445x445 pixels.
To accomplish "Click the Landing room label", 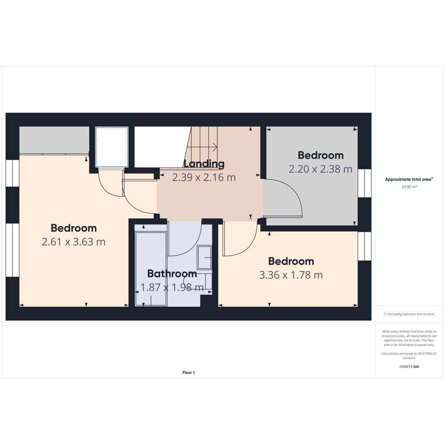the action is pos(204,164).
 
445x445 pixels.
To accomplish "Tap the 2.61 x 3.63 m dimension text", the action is pos(74,242).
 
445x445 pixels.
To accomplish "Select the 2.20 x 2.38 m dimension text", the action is pos(320,169).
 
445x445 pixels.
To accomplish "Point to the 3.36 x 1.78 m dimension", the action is pos(291,275).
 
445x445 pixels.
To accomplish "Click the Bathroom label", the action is pos(172,274).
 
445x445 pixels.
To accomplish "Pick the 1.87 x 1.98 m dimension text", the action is pos(172,287).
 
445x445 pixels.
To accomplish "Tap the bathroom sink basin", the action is pos(204,257).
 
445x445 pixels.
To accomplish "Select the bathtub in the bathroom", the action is pos(151,269).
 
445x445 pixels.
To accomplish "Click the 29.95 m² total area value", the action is pos(409,187).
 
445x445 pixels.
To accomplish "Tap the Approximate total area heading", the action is pos(409,179).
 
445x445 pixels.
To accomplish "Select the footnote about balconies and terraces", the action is pos(409,314).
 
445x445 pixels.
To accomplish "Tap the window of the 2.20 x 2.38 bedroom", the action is pos(365,183).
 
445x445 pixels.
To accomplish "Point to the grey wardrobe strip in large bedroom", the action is pos(54,140).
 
